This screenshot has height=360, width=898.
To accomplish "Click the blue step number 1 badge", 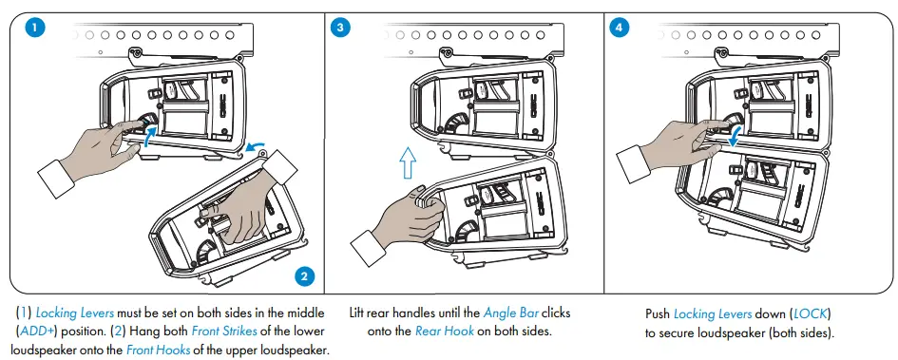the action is coord(35,28).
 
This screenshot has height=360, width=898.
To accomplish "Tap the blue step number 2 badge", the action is coord(304,276).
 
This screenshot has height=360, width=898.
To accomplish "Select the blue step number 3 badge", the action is coord(341,28).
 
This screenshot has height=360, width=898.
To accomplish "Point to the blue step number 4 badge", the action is coord(619,28).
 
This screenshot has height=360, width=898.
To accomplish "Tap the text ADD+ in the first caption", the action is coord(36,331).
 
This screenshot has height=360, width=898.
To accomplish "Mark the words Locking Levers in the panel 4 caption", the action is coord(713,313).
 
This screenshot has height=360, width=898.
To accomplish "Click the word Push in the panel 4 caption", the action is coord(658,313).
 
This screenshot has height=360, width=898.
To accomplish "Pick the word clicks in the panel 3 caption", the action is coord(556,313).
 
